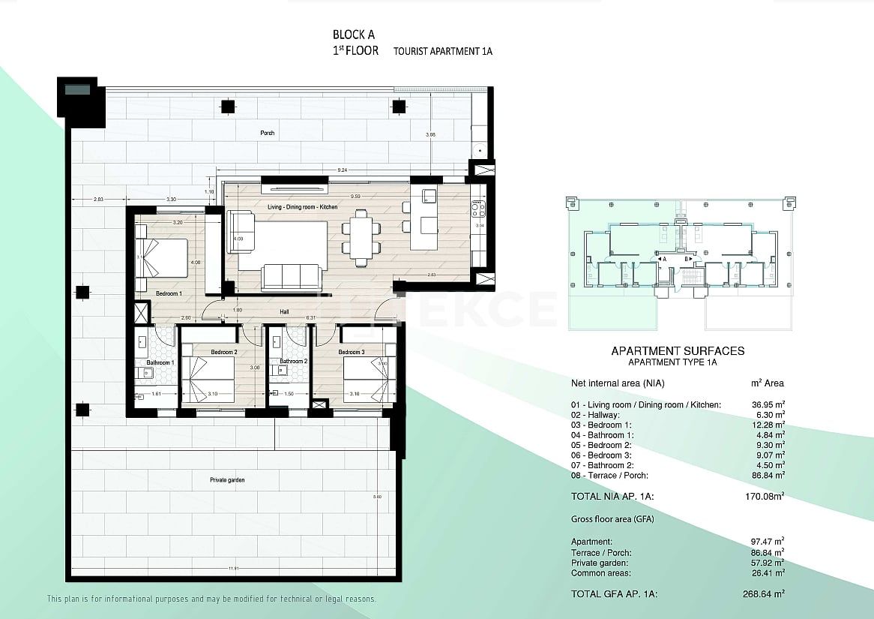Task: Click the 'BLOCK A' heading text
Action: (354, 34)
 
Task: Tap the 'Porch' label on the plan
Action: (268, 133)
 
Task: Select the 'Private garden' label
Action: (226, 479)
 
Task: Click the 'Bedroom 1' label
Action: (169, 293)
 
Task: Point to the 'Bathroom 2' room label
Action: (294, 361)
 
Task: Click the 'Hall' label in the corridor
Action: (284, 311)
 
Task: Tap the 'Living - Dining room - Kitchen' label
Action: (302, 206)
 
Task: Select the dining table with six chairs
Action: (361, 238)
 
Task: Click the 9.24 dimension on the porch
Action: (342, 170)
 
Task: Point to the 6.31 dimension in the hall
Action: (310, 318)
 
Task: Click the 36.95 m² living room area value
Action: (768, 404)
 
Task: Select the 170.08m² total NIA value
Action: (766, 495)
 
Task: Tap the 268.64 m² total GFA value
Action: (767, 593)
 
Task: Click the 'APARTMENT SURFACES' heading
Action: (678, 350)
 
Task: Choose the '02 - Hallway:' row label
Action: (595, 414)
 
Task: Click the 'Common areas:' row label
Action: (600, 572)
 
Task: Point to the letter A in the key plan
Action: (664, 259)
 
